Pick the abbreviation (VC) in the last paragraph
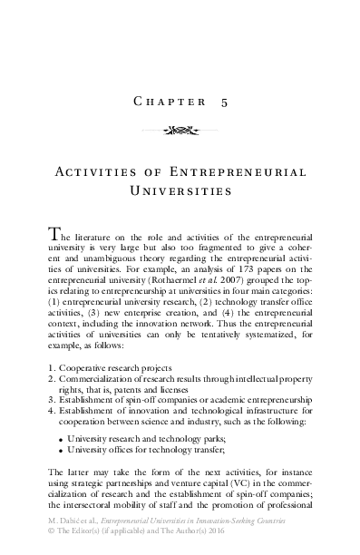[217, 493]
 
